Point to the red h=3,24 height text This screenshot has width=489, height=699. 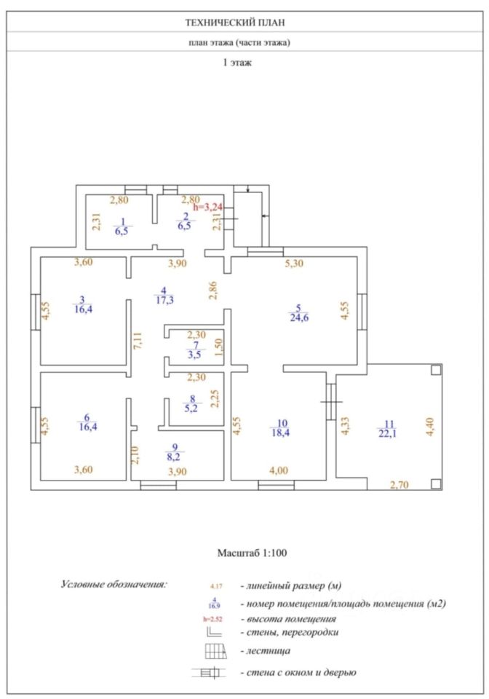[x=207, y=208]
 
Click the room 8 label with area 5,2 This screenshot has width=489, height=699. [x=192, y=403]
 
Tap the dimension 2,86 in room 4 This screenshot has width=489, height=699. [x=212, y=291]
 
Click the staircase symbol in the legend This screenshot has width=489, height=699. [x=217, y=650]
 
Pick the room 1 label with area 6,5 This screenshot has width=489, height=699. [x=123, y=225]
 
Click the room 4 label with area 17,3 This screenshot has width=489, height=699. [x=164, y=295]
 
